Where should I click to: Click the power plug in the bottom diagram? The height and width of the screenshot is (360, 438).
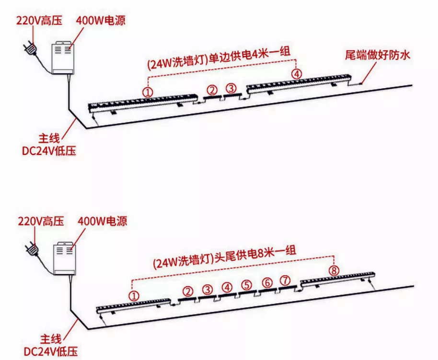coord(32,248)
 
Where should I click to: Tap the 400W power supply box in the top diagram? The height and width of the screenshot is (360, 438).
coord(63,58)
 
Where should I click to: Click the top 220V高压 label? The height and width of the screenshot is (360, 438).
coord(39,21)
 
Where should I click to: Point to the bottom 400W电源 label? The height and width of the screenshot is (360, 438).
coord(103,221)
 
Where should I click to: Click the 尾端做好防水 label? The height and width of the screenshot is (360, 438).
coord(378,55)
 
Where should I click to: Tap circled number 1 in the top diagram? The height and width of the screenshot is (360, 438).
coord(148,92)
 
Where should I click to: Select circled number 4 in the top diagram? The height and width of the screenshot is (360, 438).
coord(297,74)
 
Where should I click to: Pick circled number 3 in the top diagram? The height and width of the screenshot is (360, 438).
coord(231,88)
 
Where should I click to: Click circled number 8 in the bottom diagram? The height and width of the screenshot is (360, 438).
coord(334,270)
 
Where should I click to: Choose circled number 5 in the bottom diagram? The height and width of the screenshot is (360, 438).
coord(247,285)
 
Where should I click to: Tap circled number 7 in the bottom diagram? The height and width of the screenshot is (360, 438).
coord(285,280)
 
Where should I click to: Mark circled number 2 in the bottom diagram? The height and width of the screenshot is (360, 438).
coord(188,291)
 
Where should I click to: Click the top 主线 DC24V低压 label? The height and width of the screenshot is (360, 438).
coord(49,144)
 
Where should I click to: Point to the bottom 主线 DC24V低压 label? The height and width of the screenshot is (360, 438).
coord(51,346)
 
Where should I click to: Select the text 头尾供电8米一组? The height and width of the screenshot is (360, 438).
coord(255,256)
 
